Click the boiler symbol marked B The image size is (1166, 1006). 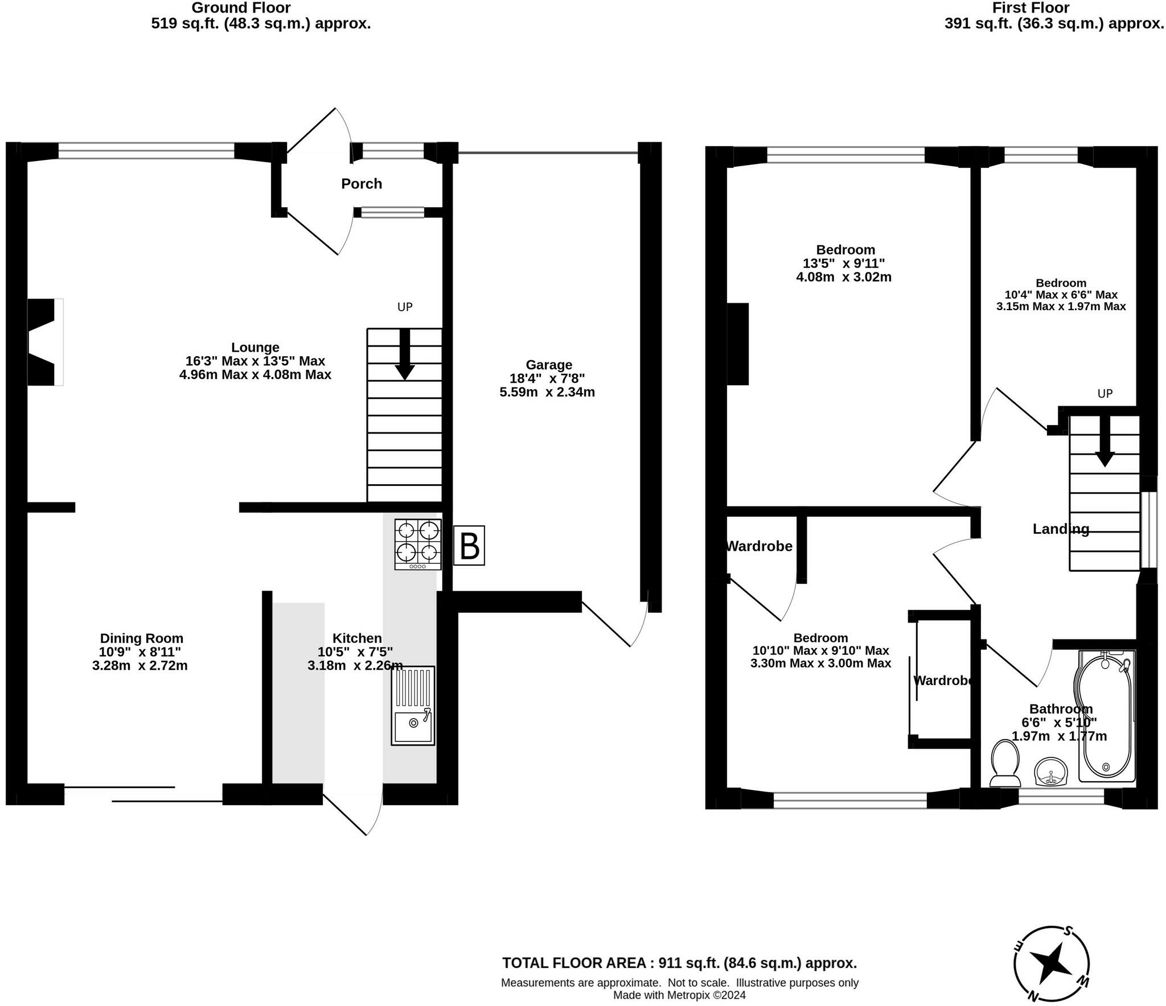pos(469,545)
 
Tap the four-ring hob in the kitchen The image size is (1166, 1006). pos(418,544)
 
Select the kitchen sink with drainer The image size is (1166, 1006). pos(413,706)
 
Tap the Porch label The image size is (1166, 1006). pos(362,184)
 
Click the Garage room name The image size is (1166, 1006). pos(549,365)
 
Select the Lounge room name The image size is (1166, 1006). pos(255,347)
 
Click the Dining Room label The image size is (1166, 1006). pos(142,638)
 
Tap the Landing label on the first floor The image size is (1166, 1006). pos(1061,529)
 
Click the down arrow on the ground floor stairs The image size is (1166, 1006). pos(405,354)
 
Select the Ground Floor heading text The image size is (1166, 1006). pos(241,8)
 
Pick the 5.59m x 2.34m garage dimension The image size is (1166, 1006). pos(547,392)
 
